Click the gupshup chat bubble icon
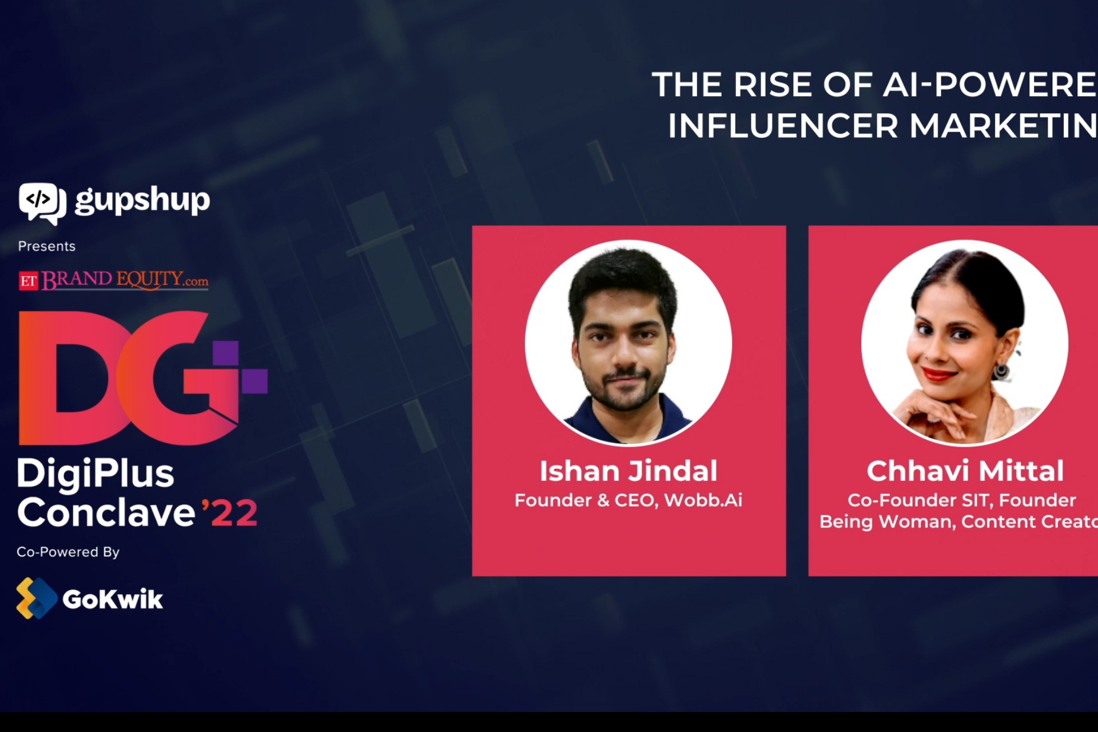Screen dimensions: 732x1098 point(41,202)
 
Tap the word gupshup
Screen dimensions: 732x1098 point(142,200)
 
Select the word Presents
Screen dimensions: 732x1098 point(47,246)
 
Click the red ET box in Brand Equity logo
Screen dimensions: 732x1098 point(29,281)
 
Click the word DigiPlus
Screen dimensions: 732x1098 point(96,474)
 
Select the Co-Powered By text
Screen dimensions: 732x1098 point(68,552)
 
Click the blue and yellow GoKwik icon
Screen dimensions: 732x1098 point(35,598)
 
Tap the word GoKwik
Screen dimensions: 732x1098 point(113,599)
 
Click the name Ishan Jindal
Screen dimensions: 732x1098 point(628,471)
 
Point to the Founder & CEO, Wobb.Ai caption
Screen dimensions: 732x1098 point(628,500)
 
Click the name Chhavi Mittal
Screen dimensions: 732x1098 point(965,471)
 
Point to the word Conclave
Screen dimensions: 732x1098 point(106,512)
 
